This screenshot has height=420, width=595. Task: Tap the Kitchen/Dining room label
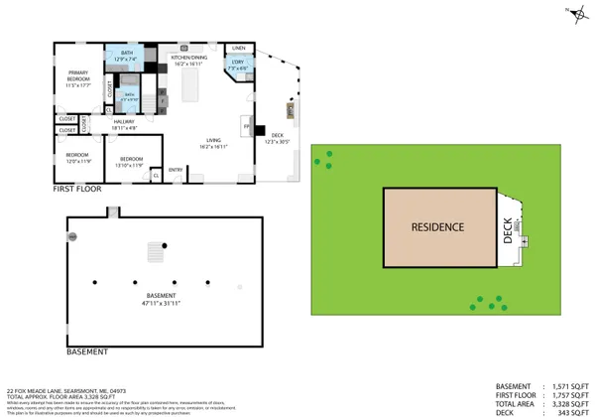[x=188, y=60]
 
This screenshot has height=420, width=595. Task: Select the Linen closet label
[x=238, y=48]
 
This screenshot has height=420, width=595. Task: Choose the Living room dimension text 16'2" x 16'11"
[x=211, y=147]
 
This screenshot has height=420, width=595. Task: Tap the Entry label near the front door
[x=176, y=170]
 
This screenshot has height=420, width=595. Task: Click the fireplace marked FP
[x=247, y=125]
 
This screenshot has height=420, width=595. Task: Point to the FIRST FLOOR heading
[x=78, y=187]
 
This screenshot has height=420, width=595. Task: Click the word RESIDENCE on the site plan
[x=438, y=227]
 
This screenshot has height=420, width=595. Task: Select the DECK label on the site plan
[x=508, y=232]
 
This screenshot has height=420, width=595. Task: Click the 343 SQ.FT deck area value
[x=569, y=412]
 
